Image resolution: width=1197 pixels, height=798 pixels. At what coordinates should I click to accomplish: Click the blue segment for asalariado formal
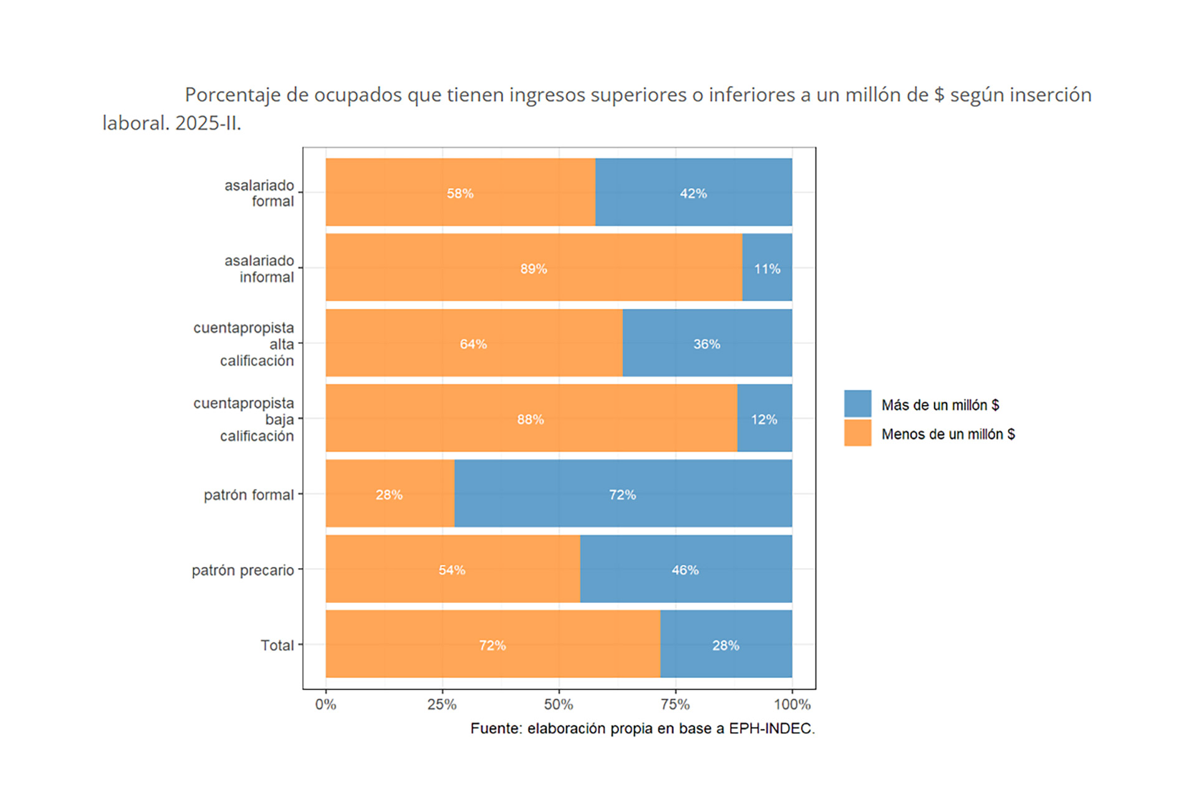tap(693, 192)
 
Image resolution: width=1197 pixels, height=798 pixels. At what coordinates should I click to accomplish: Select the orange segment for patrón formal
tap(390, 494)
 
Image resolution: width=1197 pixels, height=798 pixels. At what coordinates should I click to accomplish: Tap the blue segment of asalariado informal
tap(767, 268)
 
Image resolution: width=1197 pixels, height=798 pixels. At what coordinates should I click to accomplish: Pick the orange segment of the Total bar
tap(493, 644)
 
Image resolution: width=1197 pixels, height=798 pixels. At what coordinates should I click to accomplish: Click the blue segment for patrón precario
tap(686, 569)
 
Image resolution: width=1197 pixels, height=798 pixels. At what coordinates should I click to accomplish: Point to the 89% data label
tap(534, 269)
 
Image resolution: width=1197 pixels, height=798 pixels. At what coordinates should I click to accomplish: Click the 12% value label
tap(764, 420)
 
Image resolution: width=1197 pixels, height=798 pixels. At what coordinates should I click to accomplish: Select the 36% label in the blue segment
tap(706, 344)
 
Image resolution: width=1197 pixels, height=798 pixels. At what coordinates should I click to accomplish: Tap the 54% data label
tap(452, 571)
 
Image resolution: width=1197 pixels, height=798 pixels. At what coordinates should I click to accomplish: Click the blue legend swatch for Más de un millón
tap(857, 404)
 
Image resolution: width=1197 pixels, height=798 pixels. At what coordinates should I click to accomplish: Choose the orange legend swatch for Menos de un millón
tap(857, 433)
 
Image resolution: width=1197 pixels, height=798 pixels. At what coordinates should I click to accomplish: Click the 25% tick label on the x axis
tap(442, 705)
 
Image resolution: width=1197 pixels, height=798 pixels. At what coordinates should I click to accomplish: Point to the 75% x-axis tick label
tap(675, 705)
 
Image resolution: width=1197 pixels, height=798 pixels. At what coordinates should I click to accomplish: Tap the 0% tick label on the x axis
tap(325, 705)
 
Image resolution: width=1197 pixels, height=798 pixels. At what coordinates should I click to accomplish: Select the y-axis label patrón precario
tap(243, 571)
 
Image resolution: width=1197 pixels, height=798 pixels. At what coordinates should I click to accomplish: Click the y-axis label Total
tap(277, 645)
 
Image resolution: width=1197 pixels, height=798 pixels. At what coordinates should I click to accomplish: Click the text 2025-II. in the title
tap(208, 123)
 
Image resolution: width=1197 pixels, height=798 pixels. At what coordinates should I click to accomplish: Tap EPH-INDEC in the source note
tap(771, 729)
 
